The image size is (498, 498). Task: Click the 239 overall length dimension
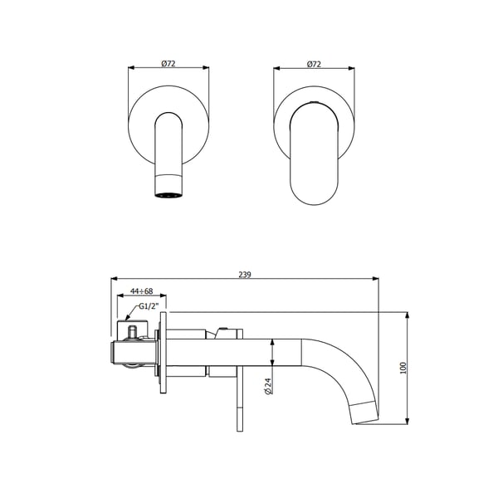click(x=245, y=273)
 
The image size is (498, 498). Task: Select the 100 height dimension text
click(x=403, y=368)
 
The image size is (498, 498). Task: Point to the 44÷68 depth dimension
click(x=140, y=291)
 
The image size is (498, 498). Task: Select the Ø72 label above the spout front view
click(x=168, y=63)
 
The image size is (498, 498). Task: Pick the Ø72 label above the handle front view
click(x=315, y=63)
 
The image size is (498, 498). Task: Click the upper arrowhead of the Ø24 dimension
click(x=272, y=341)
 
